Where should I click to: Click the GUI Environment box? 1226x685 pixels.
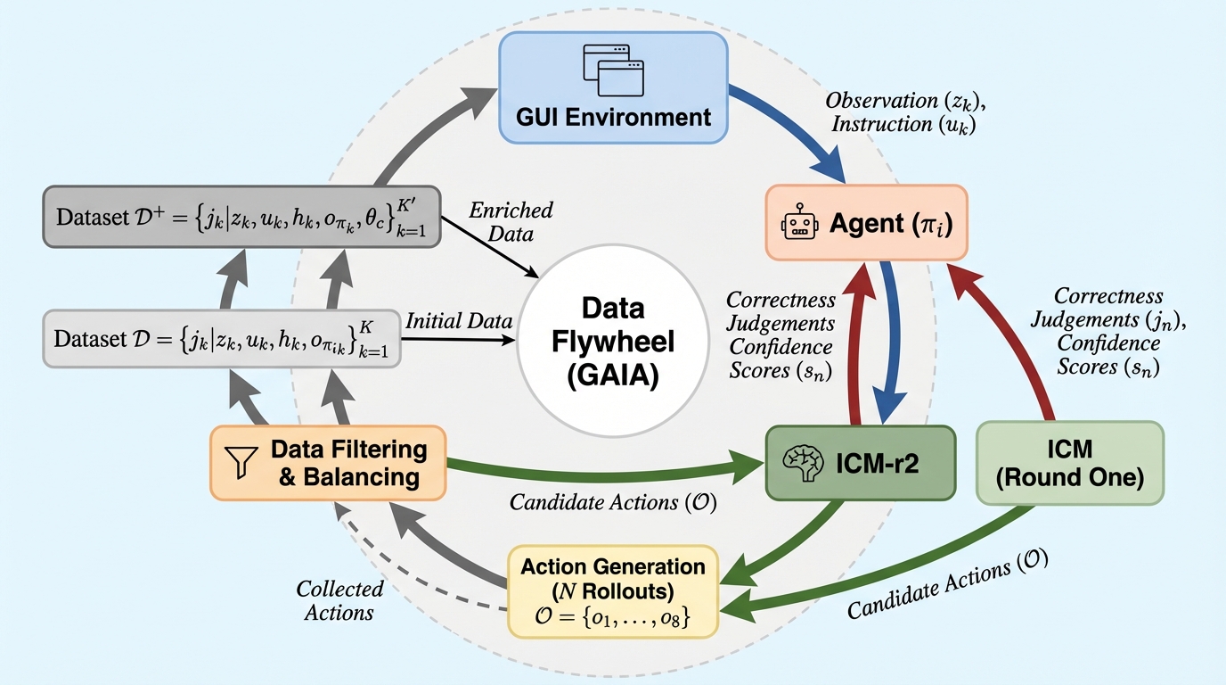(614, 87)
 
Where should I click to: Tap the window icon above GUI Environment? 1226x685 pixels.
(613, 70)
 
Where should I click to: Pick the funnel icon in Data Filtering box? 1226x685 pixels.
(243, 463)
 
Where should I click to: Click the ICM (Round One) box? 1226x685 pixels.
(1070, 463)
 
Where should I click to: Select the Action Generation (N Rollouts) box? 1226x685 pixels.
(612, 590)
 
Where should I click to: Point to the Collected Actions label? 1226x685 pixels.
(339, 600)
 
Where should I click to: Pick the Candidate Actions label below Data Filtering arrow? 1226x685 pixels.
(613, 502)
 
